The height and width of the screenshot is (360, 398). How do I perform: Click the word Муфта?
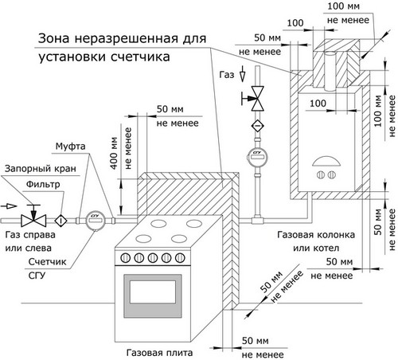[x=70, y=147]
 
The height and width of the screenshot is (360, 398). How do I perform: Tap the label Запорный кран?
[x=41, y=169]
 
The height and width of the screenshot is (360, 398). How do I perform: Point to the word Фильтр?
[x=43, y=184]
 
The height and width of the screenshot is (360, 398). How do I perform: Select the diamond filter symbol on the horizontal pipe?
[x=61, y=221]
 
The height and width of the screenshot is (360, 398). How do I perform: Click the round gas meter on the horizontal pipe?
[x=96, y=220]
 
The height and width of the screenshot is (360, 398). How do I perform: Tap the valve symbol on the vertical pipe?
[x=255, y=99]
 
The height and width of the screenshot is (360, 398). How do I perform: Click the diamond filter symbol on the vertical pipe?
[x=257, y=125]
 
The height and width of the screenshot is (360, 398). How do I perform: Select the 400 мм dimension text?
[x=114, y=153]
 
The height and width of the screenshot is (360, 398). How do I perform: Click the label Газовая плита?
[x=159, y=353]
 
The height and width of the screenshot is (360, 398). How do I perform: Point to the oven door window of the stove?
[x=153, y=292]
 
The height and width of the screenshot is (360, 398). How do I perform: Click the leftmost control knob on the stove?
[x=126, y=258]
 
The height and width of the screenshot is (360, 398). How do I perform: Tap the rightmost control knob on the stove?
[x=180, y=258]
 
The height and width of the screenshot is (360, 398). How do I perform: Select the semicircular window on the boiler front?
[x=326, y=161]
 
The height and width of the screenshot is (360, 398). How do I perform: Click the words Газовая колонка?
[x=316, y=235]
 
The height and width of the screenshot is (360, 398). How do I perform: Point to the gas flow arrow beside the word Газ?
[x=242, y=73]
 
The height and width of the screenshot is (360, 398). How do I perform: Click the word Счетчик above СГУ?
[x=47, y=262]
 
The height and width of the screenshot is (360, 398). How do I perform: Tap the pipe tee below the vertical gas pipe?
[x=257, y=221]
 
